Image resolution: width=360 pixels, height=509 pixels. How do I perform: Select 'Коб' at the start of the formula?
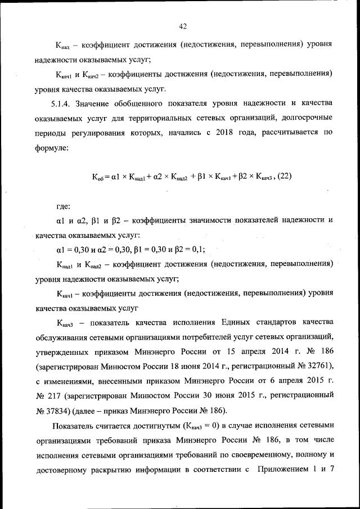99,177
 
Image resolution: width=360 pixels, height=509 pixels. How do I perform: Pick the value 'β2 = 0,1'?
190,249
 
